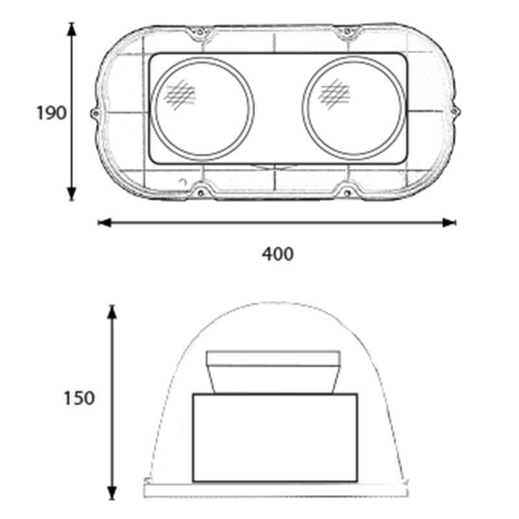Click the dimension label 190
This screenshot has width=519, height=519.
(x=51, y=113)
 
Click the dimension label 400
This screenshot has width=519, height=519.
(x=278, y=254)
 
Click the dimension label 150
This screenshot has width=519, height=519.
(x=78, y=398)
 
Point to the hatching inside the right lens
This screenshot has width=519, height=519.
(x=334, y=93)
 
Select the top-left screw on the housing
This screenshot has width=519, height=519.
(x=200, y=32)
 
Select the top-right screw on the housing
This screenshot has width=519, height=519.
(x=346, y=31)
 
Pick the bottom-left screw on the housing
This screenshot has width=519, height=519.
(x=200, y=192)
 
